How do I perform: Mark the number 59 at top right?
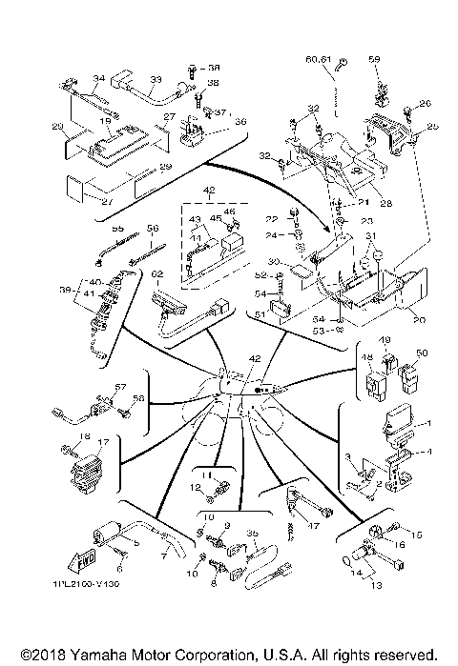click(374, 59)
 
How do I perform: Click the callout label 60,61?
click(318, 59)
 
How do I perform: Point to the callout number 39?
click(64, 291)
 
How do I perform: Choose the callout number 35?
click(253, 534)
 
